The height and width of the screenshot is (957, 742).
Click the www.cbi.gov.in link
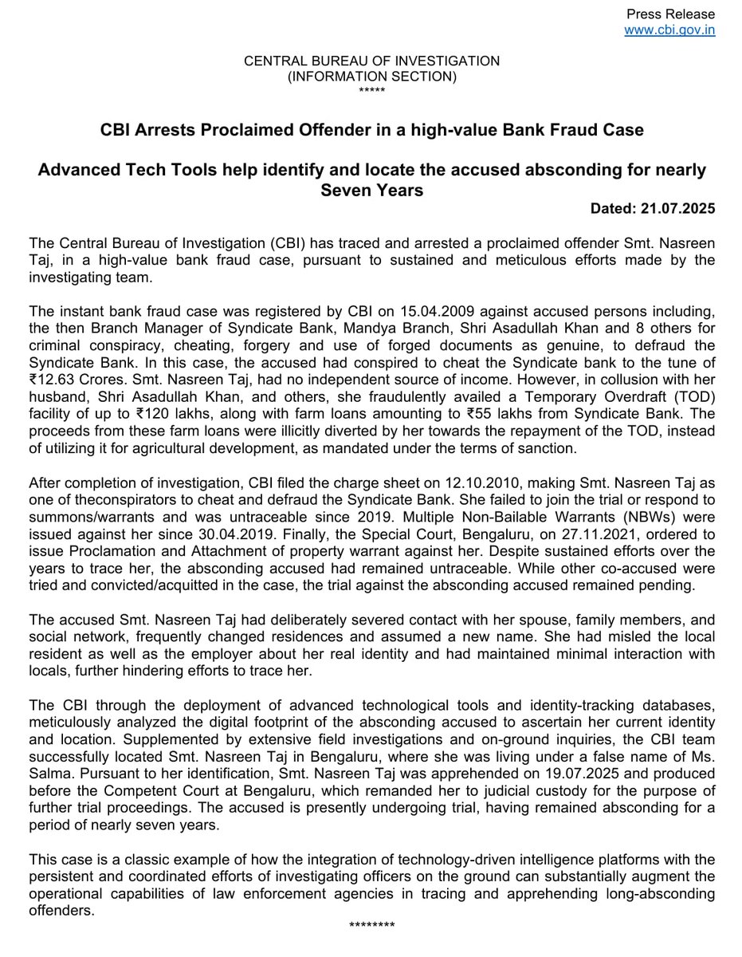pos(669,30)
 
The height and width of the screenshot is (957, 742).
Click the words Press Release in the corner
pos(670,14)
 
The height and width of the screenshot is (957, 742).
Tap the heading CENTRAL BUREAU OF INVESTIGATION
pos(371,61)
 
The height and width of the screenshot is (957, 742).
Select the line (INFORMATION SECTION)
pos(371,77)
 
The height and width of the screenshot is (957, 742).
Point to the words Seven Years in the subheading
pos(371,190)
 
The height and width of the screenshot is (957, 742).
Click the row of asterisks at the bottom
pos(371,925)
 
